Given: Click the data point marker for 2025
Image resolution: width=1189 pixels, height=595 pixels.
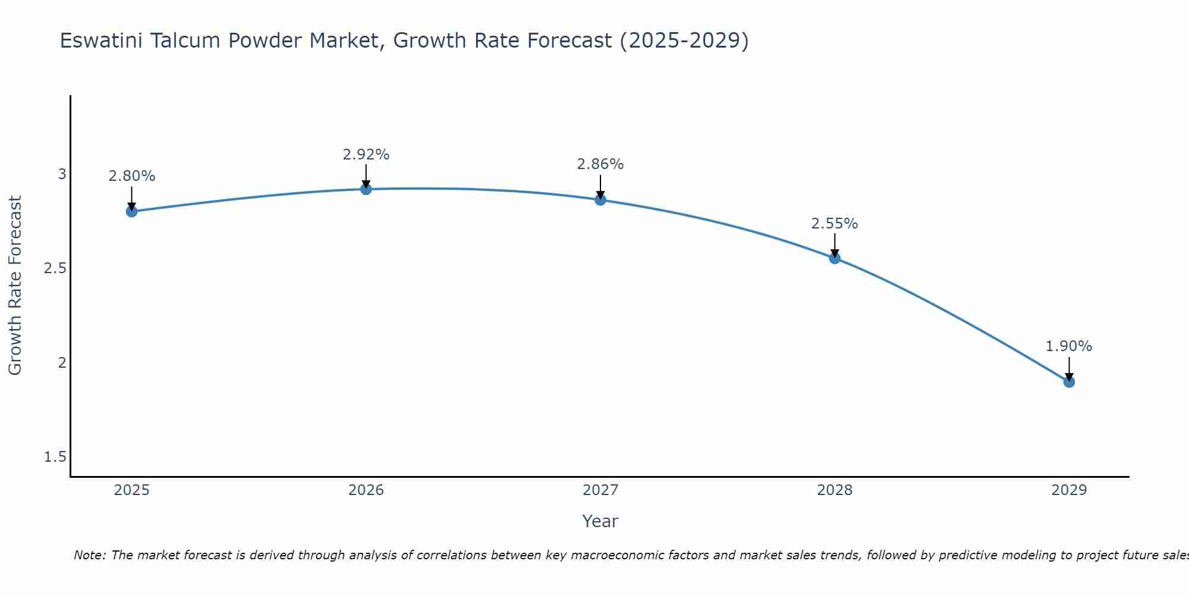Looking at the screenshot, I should [132, 211].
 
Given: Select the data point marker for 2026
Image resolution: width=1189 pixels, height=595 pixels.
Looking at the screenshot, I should [366, 189].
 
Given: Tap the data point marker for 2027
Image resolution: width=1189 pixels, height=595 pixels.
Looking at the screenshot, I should [600, 200].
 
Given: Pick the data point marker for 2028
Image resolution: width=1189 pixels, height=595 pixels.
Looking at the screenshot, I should [835, 258].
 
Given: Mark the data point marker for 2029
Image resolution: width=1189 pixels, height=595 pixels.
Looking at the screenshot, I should [1069, 381].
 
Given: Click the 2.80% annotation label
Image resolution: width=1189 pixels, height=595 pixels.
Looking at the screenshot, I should [132, 176].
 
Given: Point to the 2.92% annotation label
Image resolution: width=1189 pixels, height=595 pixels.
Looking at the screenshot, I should [366, 155].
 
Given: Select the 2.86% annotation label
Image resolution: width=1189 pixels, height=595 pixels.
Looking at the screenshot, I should [600, 164].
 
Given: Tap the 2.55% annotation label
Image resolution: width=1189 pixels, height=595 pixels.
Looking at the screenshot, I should [835, 224].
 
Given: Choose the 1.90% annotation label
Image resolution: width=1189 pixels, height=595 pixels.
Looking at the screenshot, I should [1069, 346].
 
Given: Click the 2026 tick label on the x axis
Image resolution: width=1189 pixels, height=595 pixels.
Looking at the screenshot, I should [366, 490].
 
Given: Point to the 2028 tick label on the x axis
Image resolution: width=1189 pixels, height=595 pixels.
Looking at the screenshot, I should [835, 490].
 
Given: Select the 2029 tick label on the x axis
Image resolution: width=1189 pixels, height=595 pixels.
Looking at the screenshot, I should [1069, 490].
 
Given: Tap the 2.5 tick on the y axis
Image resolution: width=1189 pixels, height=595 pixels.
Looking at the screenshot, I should [55, 268].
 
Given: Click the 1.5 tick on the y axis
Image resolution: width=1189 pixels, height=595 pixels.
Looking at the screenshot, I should [55, 457].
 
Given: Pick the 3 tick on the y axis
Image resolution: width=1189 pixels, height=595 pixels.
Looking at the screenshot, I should [62, 174].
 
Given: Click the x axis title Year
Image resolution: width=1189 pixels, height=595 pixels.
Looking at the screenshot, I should [600, 521].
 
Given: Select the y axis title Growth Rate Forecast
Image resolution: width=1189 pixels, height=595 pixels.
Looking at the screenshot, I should [15, 286].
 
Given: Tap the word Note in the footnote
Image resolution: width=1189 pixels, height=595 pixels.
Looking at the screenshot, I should [89, 555].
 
